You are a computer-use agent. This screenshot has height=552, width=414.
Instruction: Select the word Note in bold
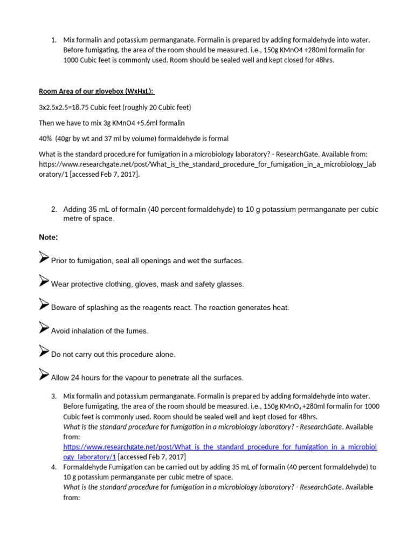[47, 237]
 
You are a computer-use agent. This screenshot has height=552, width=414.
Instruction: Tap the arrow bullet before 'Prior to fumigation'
[44, 258]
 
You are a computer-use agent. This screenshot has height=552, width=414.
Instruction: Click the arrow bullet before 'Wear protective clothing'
[44, 281]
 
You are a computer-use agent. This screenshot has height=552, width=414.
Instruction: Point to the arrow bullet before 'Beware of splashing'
[44, 305]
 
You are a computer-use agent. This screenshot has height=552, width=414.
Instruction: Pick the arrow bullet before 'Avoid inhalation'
[44, 328]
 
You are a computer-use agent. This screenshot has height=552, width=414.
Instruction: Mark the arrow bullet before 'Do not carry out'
[44, 352]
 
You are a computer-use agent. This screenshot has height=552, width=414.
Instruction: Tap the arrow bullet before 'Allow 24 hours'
[44, 375]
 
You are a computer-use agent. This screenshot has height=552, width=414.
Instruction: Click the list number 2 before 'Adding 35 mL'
[54, 209]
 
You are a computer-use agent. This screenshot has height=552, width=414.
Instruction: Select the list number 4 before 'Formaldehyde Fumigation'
[54, 467]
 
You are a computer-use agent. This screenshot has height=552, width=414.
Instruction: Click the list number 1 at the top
[54, 40]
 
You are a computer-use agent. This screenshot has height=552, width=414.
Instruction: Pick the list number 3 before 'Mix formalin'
[54, 396]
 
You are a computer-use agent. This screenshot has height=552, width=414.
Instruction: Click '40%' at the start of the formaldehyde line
[45, 138]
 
